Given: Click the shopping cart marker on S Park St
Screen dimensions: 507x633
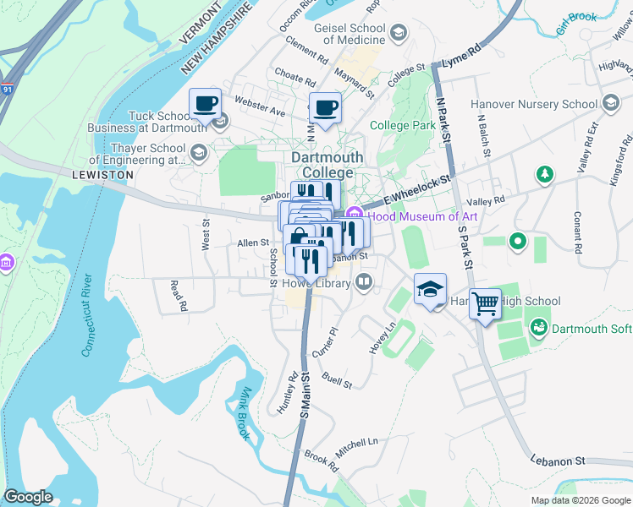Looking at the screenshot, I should click(x=485, y=303).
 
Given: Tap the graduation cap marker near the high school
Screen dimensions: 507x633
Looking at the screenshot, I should click(x=430, y=290).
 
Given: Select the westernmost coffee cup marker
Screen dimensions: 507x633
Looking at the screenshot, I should click(x=205, y=104).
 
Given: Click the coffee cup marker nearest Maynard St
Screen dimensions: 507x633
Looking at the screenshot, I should click(x=326, y=108).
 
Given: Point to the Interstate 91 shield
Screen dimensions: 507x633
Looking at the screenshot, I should click(x=8, y=87).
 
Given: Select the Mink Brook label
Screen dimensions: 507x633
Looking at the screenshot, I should click(x=241, y=413).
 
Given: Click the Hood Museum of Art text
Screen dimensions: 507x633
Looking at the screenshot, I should click(x=422, y=216).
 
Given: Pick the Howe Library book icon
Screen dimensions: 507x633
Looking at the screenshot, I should click(x=364, y=281).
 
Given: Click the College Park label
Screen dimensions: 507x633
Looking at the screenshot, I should click(x=403, y=125).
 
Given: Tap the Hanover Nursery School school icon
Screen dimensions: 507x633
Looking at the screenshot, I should click(x=610, y=104).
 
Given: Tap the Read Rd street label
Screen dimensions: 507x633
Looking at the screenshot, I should click(x=177, y=297).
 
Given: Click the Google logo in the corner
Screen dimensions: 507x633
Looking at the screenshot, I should click(x=28, y=497).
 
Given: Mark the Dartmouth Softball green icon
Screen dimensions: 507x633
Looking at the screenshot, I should click(x=537, y=327).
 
